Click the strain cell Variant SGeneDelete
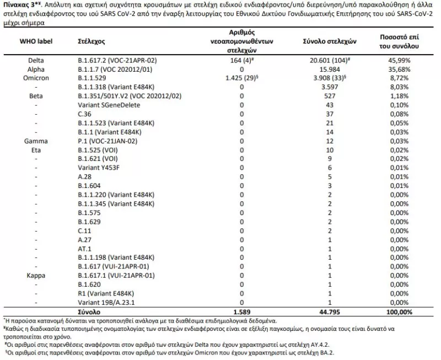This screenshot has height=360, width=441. click(x=105, y=105)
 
